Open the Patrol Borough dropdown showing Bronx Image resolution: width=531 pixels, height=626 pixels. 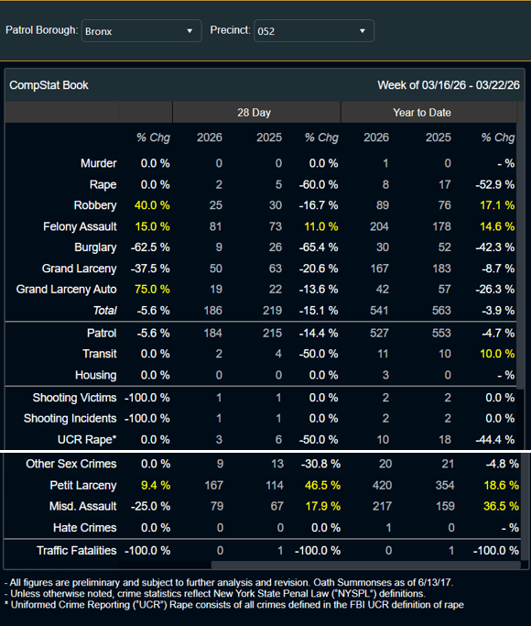(x=142, y=31)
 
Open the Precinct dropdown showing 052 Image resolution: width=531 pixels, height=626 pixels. (x=314, y=31)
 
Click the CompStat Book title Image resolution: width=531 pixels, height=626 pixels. (x=49, y=85)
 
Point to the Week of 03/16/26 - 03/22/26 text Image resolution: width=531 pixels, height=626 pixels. (x=449, y=85)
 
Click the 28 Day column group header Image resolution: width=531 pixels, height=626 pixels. (x=254, y=113)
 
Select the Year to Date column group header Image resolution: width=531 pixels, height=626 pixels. (x=422, y=113)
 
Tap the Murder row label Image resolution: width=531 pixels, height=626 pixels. (x=99, y=163)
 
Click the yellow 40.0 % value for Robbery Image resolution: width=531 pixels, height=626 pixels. (x=152, y=205)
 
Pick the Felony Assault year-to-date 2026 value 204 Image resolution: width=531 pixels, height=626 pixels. (x=379, y=226)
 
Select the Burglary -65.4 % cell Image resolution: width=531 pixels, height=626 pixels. (x=319, y=247)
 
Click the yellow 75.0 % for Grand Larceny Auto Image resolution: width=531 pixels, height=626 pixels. (x=152, y=289)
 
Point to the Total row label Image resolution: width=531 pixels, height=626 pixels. (x=105, y=310)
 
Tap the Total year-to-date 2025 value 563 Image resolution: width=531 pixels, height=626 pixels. (x=441, y=310)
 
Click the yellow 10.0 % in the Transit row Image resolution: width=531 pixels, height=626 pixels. (x=497, y=354)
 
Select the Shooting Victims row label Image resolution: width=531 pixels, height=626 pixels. (x=74, y=398)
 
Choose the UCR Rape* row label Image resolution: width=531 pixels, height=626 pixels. (x=87, y=440)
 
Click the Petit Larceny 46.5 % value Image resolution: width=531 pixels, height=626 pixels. (x=322, y=485)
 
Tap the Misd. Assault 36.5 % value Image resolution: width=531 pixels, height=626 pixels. (x=501, y=506)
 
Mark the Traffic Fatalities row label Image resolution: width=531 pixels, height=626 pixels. (x=77, y=551)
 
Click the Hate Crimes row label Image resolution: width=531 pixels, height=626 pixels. (x=85, y=528)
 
